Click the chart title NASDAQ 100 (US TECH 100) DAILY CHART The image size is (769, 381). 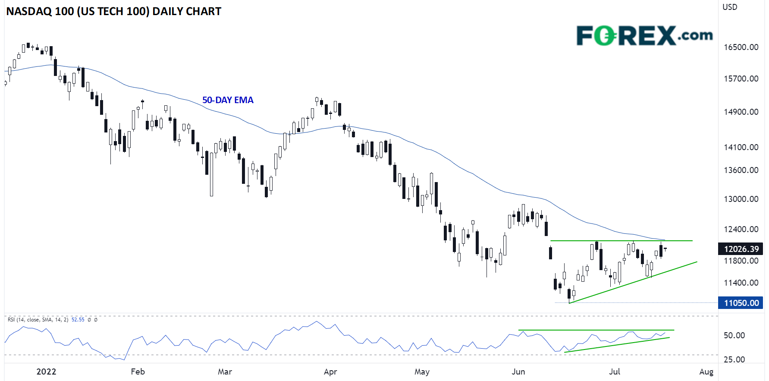[113, 12]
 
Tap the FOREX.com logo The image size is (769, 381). [644, 35]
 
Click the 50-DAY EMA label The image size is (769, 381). [228, 100]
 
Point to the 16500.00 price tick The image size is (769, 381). [741, 47]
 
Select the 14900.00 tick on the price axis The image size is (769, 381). [741, 112]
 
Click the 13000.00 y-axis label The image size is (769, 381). [741, 199]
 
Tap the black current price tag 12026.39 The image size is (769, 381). [741, 249]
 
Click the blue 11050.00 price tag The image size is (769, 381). [741, 303]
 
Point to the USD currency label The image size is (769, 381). [730, 7]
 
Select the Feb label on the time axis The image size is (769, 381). [138, 372]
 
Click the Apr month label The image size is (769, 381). [330, 372]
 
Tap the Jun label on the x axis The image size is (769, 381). [518, 372]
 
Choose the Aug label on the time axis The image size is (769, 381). [706, 372]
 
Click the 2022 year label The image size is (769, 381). [46, 372]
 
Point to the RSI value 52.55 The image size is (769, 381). [78, 320]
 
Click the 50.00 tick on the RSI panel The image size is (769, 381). [734, 335]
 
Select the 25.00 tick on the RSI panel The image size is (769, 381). [734, 359]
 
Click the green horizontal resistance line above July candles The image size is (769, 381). [621, 241]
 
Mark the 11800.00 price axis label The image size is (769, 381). [741, 261]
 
